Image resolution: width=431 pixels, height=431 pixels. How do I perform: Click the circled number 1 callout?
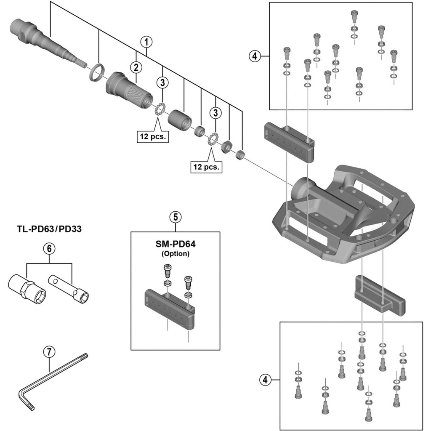(146, 42)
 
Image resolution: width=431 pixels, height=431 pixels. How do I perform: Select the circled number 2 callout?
(136, 67)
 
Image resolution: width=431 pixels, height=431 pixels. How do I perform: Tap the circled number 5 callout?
(176, 217)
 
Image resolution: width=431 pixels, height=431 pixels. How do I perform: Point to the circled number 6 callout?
(49, 248)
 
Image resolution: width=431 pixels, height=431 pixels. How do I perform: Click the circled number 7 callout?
(49, 351)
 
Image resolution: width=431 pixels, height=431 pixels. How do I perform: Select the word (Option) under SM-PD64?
(176, 254)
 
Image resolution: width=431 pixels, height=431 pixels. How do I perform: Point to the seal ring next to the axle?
(97, 72)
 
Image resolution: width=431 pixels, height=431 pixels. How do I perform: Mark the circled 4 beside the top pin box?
(255, 56)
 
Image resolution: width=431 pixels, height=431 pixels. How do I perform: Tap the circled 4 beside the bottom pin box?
(264, 380)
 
